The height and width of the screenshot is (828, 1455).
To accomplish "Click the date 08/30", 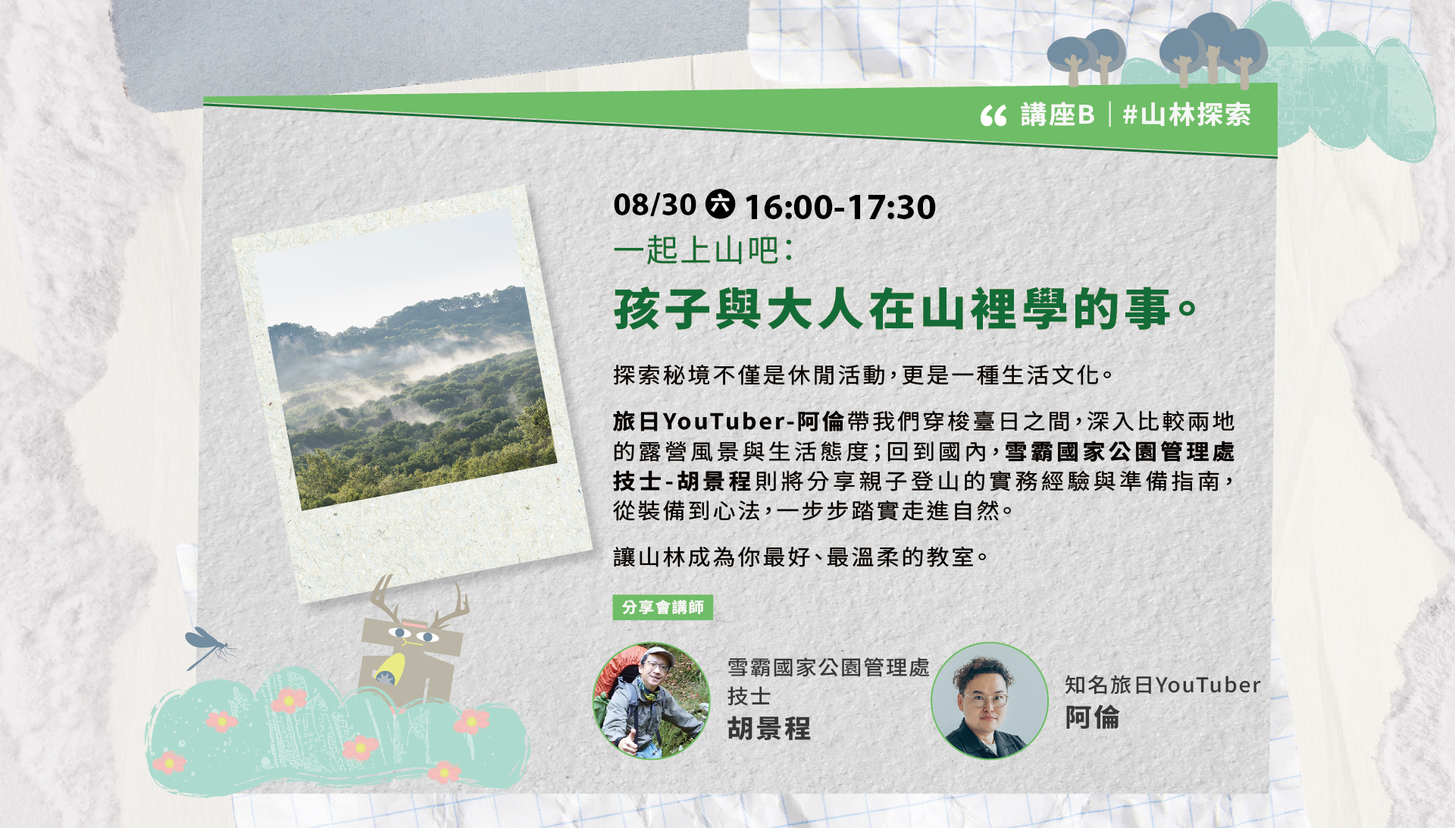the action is coord(655,205).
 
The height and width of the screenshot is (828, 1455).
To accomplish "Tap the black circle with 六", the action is coord(720,204).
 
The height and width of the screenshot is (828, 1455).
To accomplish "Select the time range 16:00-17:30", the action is coord(840,207).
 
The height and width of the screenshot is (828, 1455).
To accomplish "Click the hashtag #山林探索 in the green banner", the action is coord(1187,114).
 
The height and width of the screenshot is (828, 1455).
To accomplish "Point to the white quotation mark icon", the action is coord(993,116).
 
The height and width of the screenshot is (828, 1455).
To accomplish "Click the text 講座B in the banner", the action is coord(1057,114).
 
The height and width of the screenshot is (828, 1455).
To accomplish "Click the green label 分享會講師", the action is coord(662,607).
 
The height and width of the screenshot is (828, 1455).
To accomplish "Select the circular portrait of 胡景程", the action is coord(651,701).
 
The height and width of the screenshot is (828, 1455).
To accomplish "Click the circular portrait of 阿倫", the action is coord(990,701).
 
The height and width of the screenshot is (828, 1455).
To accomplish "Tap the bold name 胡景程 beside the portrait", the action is coord(769,729).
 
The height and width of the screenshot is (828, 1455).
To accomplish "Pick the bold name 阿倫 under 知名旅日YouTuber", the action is coord(1092,717).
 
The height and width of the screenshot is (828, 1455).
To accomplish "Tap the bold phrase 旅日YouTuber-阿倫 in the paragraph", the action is coord(728,421).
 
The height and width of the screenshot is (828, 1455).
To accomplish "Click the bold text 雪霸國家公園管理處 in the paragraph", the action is coord(1119,451).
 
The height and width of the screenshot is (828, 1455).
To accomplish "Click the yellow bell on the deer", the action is coord(390,670).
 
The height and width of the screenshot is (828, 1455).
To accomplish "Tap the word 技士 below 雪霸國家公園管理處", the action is coord(749,696).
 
